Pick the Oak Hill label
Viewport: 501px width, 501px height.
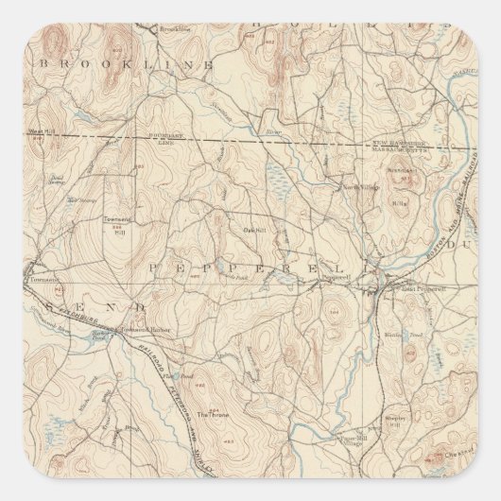pyautogui.click(x=253, y=227)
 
